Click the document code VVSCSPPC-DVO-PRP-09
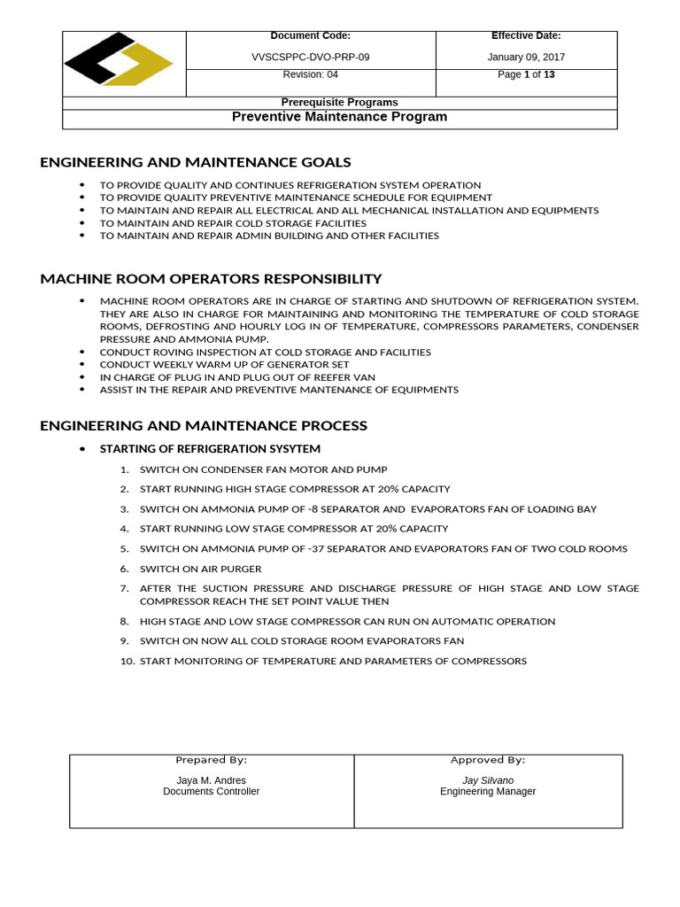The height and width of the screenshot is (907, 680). (x=311, y=58)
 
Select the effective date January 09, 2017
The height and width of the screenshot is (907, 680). (x=526, y=58)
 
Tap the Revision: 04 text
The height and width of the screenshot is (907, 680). (x=310, y=75)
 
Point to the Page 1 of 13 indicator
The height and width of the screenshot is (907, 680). (x=526, y=75)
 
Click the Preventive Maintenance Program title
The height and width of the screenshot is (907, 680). (x=339, y=117)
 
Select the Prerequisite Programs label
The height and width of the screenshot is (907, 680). (x=339, y=102)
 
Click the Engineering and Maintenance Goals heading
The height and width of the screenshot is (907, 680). (x=196, y=162)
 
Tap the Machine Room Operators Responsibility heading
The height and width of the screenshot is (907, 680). (x=211, y=279)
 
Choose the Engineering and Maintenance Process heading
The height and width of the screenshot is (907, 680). (x=204, y=426)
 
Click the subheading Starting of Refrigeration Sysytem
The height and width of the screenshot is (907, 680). (x=210, y=449)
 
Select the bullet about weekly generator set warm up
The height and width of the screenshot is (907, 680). (x=224, y=365)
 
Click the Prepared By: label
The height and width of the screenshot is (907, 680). (x=211, y=760)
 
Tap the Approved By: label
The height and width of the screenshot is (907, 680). (x=488, y=760)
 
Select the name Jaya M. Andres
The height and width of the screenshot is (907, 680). (x=211, y=780)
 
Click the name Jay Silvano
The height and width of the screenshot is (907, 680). (x=488, y=780)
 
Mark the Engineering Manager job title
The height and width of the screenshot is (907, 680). (x=488, y=792)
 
